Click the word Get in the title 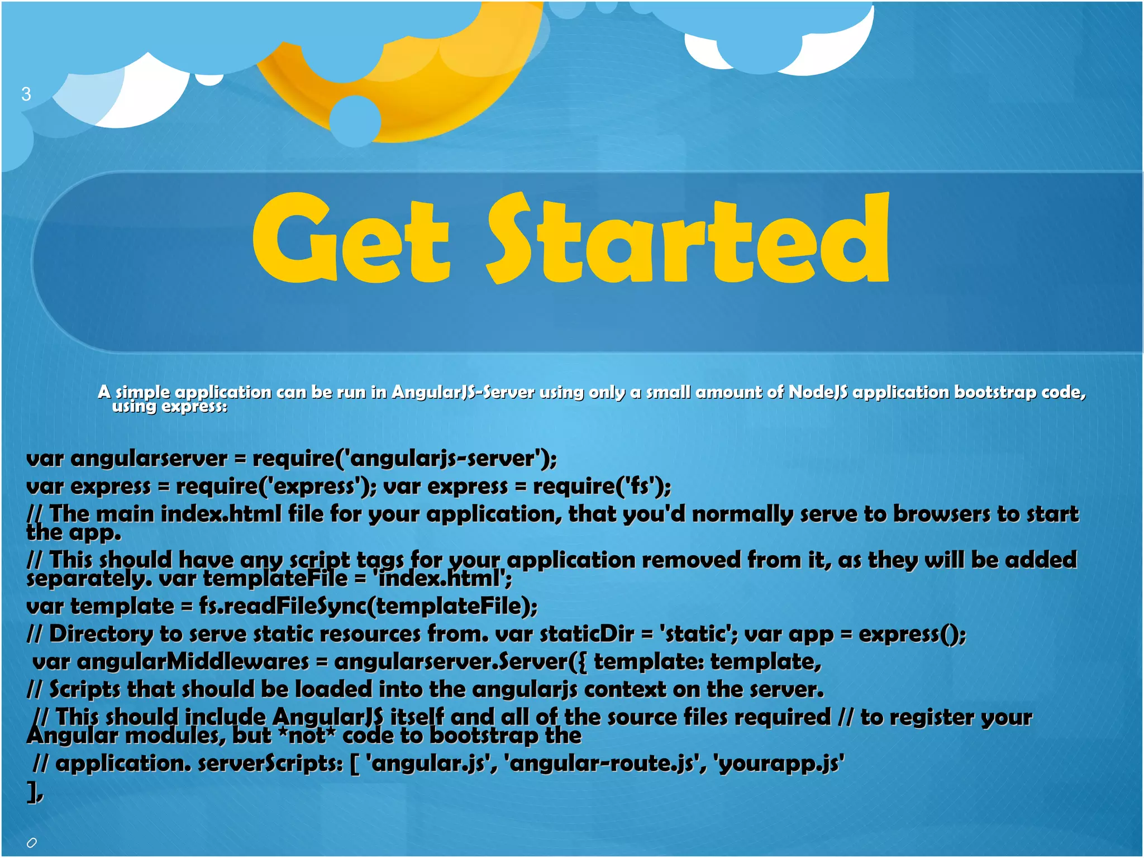[350, 239]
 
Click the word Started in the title [688, 239]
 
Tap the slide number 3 [26, 94]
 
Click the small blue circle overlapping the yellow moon [355, 121]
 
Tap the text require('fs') [601, 487]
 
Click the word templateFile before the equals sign [275, 579]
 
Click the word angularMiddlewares [192, 662]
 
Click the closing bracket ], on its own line [34, 793]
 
